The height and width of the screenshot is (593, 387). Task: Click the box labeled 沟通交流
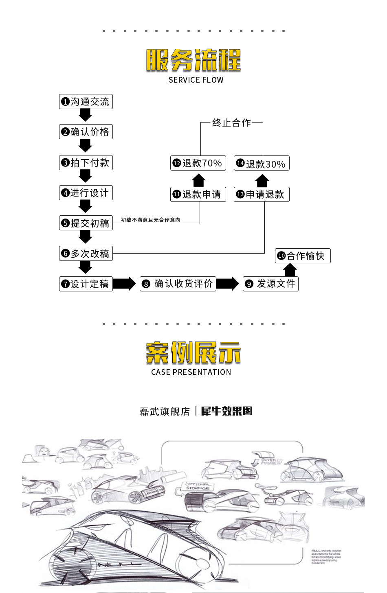point(86,102)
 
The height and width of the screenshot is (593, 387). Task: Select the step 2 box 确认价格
point(86,132)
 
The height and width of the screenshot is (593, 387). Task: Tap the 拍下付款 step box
point(86,163)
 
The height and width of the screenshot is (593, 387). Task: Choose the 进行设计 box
point(86,193)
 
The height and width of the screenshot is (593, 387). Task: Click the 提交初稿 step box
point(86,223)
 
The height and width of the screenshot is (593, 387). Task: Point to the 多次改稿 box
point(86,254)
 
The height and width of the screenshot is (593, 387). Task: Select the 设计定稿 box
point(86,284)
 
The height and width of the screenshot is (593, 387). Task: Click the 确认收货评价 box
point(178,284)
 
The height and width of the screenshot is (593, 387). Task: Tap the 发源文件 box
point(270,284)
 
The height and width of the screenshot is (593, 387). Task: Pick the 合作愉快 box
point(303,256)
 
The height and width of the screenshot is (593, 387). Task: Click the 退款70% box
point(198,163)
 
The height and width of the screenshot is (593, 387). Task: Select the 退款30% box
point(262,164)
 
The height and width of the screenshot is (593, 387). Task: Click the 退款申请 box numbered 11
point(198,195)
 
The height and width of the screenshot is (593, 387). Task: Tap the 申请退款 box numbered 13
point(262,195)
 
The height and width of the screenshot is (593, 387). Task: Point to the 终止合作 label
point(231,123)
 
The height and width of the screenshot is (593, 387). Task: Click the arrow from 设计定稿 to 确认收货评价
point(124,284)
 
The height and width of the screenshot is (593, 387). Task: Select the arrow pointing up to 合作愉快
point(290,270)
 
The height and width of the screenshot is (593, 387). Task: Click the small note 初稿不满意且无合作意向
point(150,220)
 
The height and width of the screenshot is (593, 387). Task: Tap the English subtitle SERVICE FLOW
point(196,80)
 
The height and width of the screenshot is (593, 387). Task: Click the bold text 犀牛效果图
point(227,411)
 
